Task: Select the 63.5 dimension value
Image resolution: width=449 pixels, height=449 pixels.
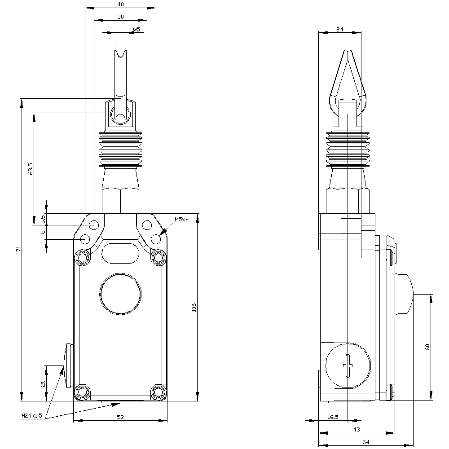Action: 31,168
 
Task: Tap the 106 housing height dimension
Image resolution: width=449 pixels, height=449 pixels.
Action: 194,307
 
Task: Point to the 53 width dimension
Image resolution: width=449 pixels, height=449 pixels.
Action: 120,417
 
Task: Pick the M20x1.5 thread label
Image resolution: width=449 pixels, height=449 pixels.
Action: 31,416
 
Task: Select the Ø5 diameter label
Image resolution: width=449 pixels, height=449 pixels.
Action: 136,29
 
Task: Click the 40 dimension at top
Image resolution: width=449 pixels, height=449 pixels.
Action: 120,4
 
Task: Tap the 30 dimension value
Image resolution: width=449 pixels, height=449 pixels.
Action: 120,17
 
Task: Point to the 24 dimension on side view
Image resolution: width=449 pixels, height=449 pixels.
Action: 339,29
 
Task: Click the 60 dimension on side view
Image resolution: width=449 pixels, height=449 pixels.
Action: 427,347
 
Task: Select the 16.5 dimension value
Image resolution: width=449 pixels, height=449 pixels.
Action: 333,417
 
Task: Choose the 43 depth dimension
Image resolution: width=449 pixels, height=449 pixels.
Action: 356,429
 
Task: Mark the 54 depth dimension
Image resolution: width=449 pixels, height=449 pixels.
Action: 366,442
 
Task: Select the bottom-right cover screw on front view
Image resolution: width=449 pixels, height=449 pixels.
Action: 158,392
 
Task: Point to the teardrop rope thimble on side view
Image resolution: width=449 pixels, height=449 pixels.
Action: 348,83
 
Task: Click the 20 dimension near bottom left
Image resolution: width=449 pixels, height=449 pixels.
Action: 43,383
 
